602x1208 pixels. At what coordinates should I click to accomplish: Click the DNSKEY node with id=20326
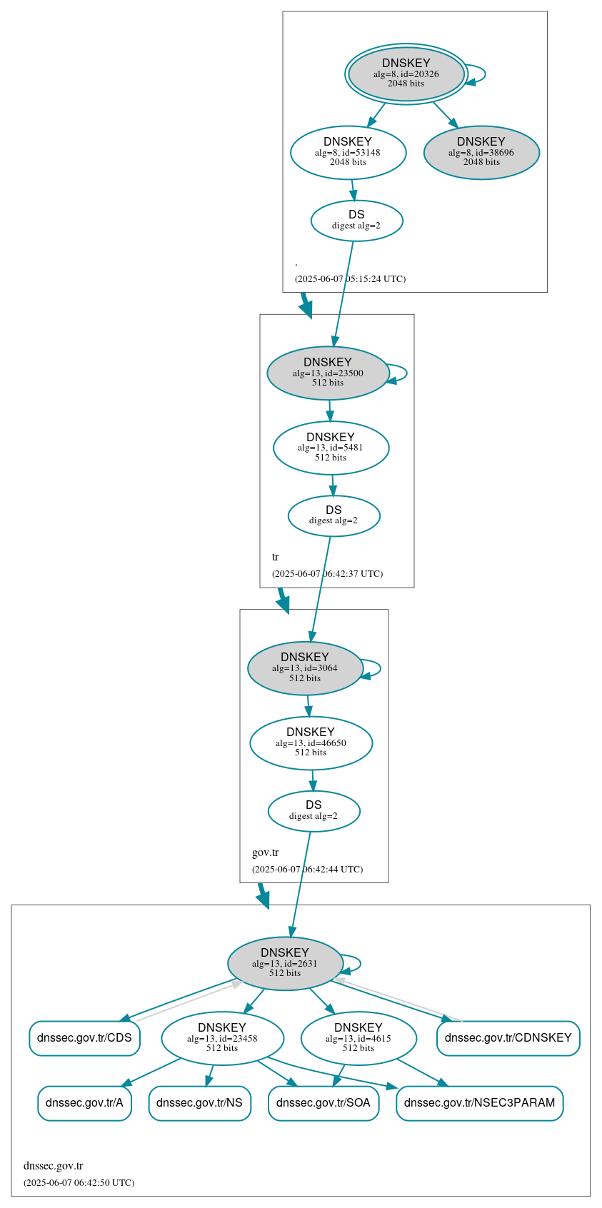406,74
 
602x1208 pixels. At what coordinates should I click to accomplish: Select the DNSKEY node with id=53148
348,152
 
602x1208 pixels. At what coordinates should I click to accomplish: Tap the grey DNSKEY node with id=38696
481,152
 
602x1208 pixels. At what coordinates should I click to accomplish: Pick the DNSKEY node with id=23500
328,373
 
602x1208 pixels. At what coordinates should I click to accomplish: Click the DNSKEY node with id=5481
331,448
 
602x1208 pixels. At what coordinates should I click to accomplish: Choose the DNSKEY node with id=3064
305,668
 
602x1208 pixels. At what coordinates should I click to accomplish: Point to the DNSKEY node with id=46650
311,743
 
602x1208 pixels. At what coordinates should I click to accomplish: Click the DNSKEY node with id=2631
285,963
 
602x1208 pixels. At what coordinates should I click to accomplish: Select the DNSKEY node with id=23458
222,1038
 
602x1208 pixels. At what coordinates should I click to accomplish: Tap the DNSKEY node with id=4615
358,1038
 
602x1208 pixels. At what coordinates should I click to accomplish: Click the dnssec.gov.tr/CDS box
84,1038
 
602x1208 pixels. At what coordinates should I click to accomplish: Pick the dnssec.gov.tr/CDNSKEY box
508,1038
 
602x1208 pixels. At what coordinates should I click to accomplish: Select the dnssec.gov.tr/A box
84,1103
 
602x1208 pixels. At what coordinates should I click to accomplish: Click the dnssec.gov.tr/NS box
199,1103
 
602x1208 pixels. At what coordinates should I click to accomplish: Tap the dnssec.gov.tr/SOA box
323,1103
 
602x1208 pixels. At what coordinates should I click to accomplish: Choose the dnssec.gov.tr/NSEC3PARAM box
479,1103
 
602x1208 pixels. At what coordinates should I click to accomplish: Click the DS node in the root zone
356,221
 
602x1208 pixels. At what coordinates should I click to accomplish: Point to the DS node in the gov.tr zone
313,811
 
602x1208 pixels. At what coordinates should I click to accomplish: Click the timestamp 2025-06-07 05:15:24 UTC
350,279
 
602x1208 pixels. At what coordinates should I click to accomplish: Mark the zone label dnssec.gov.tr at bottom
53,1166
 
